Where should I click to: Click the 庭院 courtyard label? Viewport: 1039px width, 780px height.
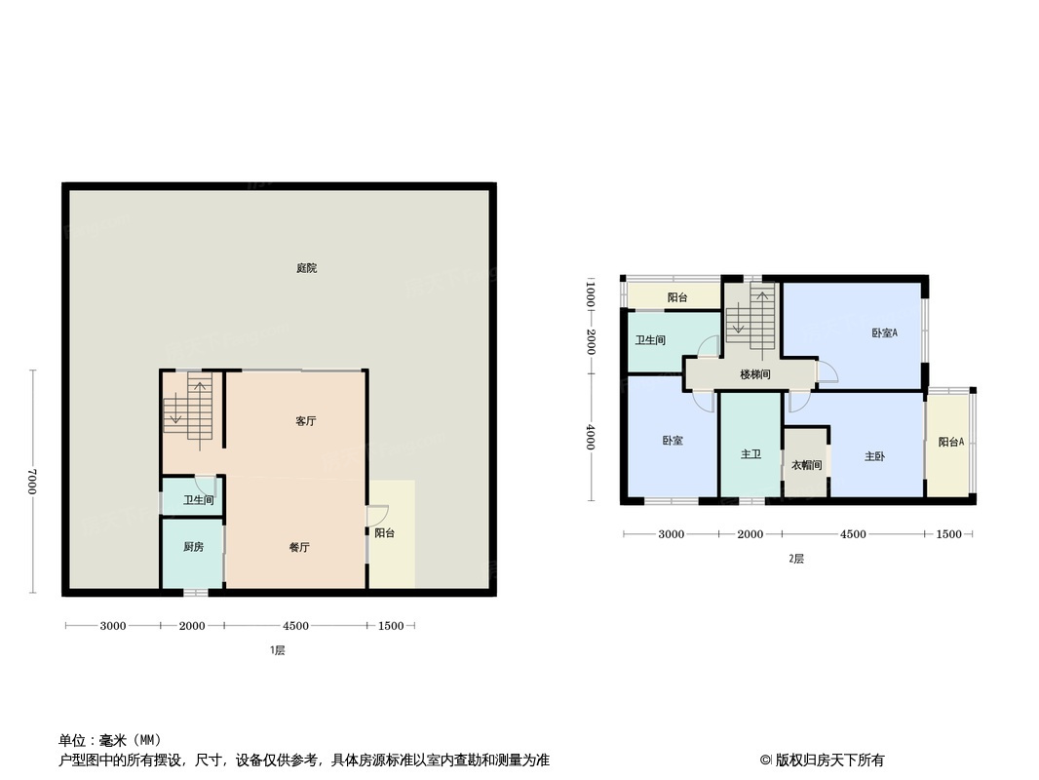pos(306,268)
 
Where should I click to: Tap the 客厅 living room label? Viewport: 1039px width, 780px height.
pos(306,421)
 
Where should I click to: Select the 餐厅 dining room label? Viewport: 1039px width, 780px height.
pos(299,548)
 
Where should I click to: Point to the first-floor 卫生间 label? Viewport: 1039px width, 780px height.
pos(198,500)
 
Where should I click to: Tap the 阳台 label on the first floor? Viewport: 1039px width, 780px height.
pos(384,533)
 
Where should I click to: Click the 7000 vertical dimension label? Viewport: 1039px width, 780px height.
pos(32,482)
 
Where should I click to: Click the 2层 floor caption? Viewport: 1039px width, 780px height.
pos(796,559)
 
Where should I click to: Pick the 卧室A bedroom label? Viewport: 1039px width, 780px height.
pos(884,333)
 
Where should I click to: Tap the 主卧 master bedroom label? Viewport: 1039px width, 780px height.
pos(874,456)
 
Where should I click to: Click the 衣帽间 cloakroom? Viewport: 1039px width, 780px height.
pos(806,465)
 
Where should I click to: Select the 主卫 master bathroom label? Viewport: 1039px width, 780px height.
pos(750,455)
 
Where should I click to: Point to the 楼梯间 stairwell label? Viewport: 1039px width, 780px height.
pos(755,374)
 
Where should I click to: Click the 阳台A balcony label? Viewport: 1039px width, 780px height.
pos(951,443)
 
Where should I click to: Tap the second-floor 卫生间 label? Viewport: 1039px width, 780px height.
pos(650,340)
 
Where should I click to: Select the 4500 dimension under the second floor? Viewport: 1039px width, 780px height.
pos(853,534)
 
